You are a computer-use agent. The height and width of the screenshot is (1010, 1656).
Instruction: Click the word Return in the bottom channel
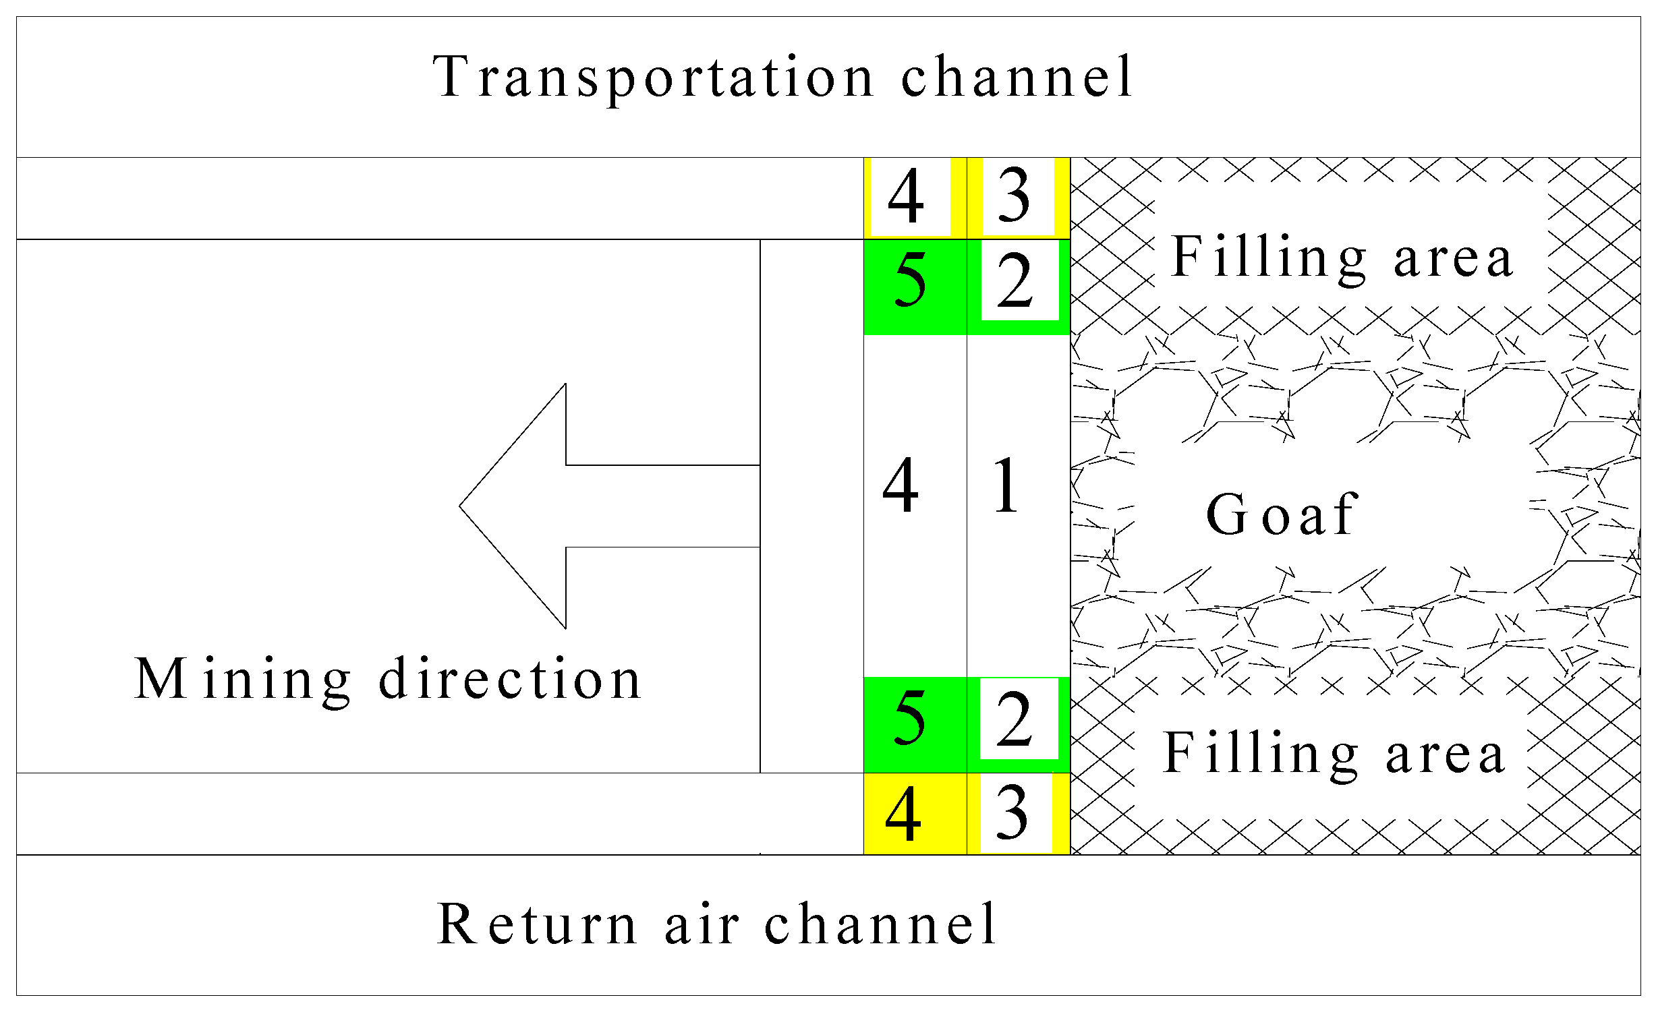[536, 924]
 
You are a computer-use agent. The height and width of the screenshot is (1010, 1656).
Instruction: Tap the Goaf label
[1282, 515]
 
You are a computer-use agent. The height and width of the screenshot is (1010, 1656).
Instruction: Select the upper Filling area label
[1342, 258]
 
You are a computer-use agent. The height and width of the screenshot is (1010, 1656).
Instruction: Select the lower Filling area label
[1334, 754]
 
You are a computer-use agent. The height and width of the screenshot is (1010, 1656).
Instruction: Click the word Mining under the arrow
[243, 680]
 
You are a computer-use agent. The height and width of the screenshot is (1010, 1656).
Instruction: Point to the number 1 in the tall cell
[1006, 485]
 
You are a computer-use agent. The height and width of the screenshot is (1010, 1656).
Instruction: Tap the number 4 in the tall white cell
[901, 485]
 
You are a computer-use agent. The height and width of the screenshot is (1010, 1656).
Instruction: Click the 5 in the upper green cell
[911, 282]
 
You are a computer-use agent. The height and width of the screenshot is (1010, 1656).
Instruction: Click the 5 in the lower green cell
[911, 720]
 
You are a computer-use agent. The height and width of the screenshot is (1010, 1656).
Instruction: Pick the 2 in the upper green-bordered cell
[1015, 282]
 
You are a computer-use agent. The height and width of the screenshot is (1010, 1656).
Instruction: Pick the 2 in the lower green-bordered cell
[1015, 720]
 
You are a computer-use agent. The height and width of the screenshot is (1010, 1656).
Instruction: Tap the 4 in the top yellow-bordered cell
[906, 196]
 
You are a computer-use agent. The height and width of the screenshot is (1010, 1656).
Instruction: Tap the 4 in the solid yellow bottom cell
[903, 814]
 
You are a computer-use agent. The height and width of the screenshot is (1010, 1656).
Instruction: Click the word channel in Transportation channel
[1017, 78]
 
